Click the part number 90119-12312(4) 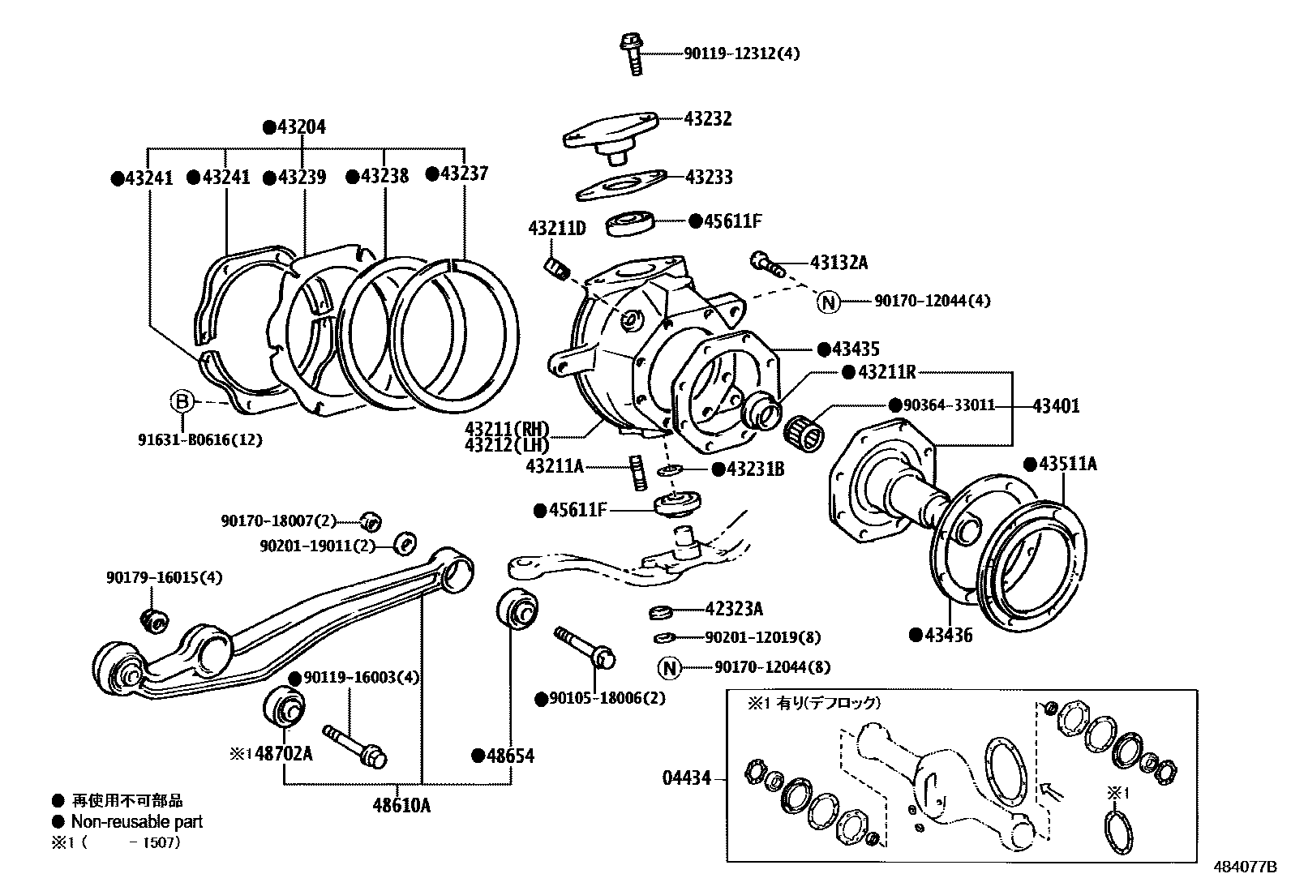(x=741, y=54)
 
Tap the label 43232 (x=707, y=118)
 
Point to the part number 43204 (x=301, y=127)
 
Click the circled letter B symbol (x=182, y=401)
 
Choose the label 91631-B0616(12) (x=199, y=440)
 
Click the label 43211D (x=556, y=229)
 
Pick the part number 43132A (x=839, y=263)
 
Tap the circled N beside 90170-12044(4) (x=828, y=302)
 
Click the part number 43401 (x=1056, y=406)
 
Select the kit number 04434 (x=687, y=778)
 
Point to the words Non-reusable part (x=137, y=821)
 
